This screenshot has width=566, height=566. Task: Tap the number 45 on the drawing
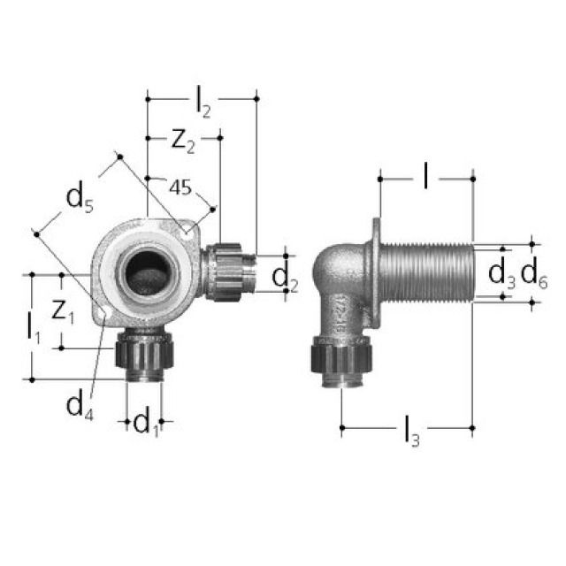180,187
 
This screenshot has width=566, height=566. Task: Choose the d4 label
80,405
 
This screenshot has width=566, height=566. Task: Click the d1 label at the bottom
146,424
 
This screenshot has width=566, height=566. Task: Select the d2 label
285,276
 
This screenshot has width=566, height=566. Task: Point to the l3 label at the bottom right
409,432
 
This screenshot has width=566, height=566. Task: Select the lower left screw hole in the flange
105,312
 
